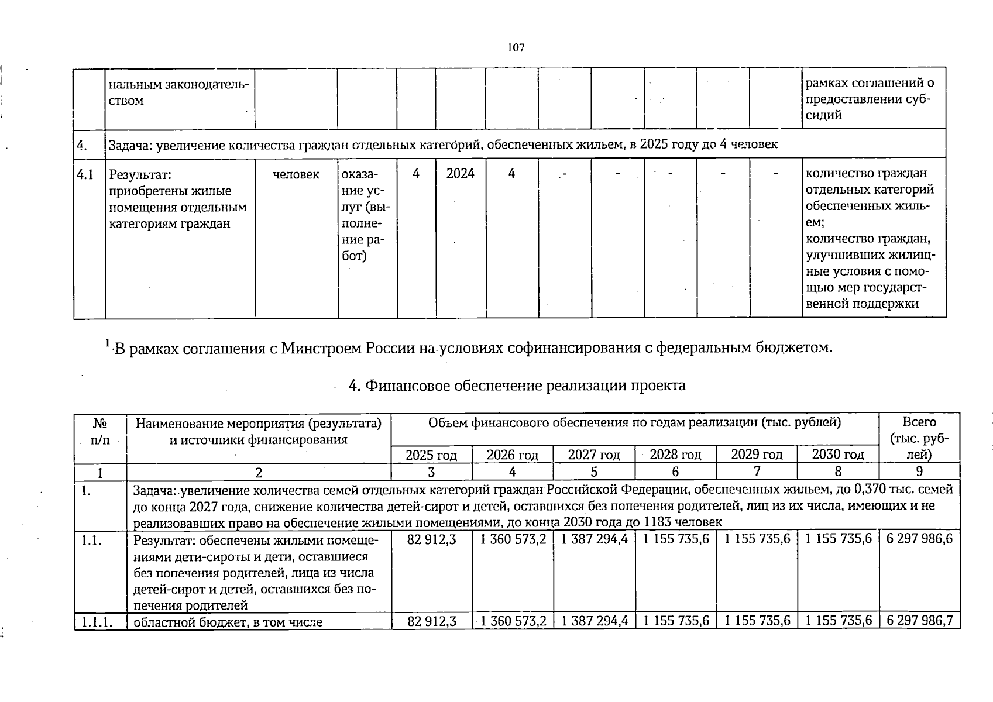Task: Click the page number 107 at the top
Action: click(x=516, y=49)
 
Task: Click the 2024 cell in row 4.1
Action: click(x=460, y=174)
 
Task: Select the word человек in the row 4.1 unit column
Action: click(x=296, y=174)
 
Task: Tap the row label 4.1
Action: click(x=85, y=174)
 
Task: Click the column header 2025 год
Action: click(x=431, y=455)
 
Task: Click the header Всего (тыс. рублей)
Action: click(x=919, y=438)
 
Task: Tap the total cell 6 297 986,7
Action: click(x=919, y=621)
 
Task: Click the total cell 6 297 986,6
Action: click(x=919, y=539)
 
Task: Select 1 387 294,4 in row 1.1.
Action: click(x=594, y=539)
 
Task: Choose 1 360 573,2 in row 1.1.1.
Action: click(x=513, y=621)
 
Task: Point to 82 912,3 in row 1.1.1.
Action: click(x=431, y=621)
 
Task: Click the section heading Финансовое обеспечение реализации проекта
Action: click(x=517, y=386)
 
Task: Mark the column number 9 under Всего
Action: click(x=919, y=472)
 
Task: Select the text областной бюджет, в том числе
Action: click(x=228, y=622)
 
